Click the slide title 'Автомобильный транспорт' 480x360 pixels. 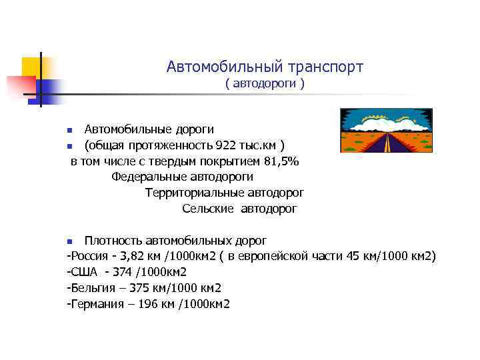coord(265,67)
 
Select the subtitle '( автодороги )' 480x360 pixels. coord(265,85)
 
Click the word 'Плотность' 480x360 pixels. coord(111,240)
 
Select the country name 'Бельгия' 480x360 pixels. coord(93,288)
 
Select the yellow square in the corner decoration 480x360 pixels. coord(31,67)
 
